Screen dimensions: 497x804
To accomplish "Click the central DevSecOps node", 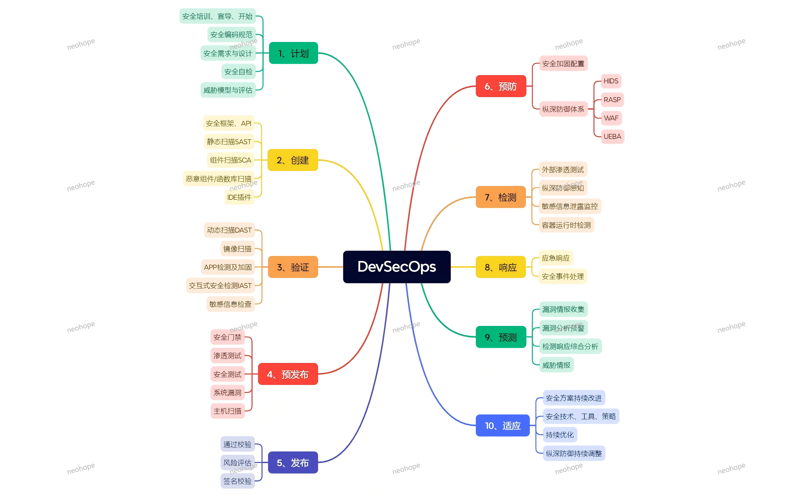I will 397,267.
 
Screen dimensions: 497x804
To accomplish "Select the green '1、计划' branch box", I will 293,53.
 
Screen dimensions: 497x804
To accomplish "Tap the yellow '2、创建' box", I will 293,160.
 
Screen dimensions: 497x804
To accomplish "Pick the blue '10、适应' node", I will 502,426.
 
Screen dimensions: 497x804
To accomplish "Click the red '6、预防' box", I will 501,86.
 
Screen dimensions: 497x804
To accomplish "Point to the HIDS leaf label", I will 611,81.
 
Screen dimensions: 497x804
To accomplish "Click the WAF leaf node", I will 611,118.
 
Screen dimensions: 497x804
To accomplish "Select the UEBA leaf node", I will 612,136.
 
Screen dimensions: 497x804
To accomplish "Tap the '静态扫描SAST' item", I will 229,142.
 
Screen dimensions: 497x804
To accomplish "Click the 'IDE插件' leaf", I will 239,197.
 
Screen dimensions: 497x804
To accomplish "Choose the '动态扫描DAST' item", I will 229,230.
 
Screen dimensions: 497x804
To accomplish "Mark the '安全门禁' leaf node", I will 228,337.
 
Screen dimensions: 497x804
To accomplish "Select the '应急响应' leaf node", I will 556,258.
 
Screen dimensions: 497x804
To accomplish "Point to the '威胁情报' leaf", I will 556,365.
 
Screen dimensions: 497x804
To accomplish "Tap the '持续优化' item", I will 560,435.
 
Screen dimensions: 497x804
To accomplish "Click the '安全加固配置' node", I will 563,64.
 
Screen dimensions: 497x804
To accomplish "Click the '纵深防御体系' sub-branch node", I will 563,109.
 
